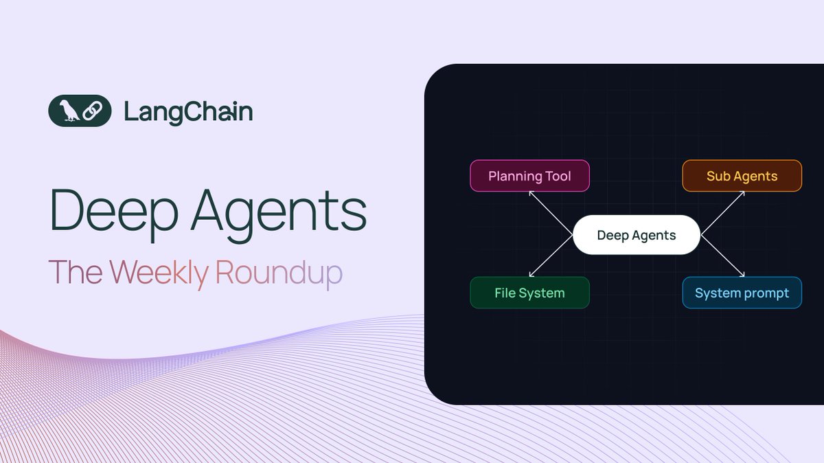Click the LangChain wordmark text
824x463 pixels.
pyautogui.click(x=188, y=111)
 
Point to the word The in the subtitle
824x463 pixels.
pyautogui.click(x=76, y=273)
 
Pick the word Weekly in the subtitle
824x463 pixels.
pyautogui.click(x=159, y=273)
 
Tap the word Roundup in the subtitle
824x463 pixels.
pyautogui.click(x=278, y=273)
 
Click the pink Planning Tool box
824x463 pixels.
pyautogui.click(x=529, y=176)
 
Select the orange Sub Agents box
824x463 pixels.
pyautogui.click(x=742, y=176)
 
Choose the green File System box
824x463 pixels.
pyautogui.click(x=529, y=293)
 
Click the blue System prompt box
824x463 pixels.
pyautogui.click(x=742, y=293)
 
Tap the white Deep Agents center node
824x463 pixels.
pyautogui.click(x=636, y=235)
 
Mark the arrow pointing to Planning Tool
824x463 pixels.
pyautogui.click(x=550, y=213)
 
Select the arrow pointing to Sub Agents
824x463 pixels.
pyautogui.click(x=723, y=213)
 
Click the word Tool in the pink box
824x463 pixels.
pyautogui.click(x=558, y=176)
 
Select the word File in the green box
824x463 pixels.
pyautogui.click(x=505, y=293)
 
